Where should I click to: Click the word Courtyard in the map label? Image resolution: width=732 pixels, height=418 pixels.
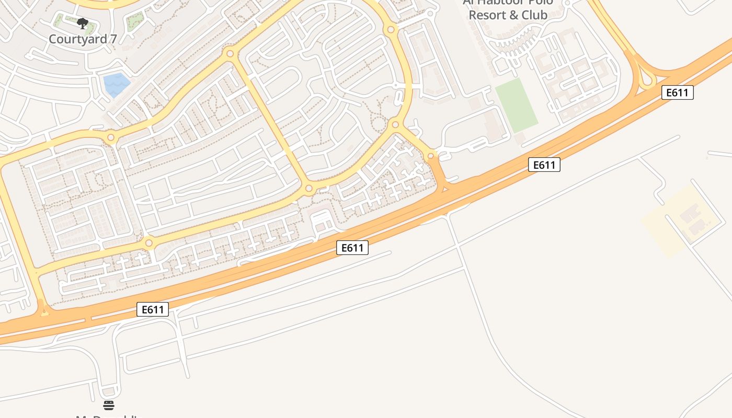[x=76, y=39]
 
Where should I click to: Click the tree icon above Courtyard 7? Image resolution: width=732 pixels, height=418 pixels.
[x=83, y=23]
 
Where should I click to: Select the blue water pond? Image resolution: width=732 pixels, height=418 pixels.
[x=116, y=85]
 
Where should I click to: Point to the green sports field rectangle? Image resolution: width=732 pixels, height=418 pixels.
[x=516, y=105]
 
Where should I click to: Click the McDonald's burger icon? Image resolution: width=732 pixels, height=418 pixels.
[x=109, y=405]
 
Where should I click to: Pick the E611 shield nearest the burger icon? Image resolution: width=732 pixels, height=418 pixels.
[x=153, y=309]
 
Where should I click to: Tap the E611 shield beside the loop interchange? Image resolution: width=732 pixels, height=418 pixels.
[x=678, y=92]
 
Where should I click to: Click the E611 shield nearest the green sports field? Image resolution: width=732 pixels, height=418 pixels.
[x=544, y=165]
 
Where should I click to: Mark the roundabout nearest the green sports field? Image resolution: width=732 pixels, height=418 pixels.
[x=431, y=155]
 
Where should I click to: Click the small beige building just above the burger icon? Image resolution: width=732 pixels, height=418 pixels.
[x=109, y=391]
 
